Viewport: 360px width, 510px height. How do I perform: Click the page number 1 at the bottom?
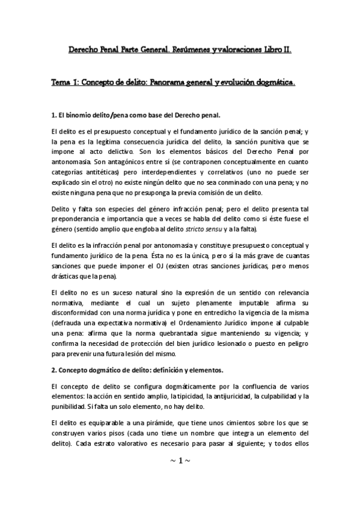(180, 461)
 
